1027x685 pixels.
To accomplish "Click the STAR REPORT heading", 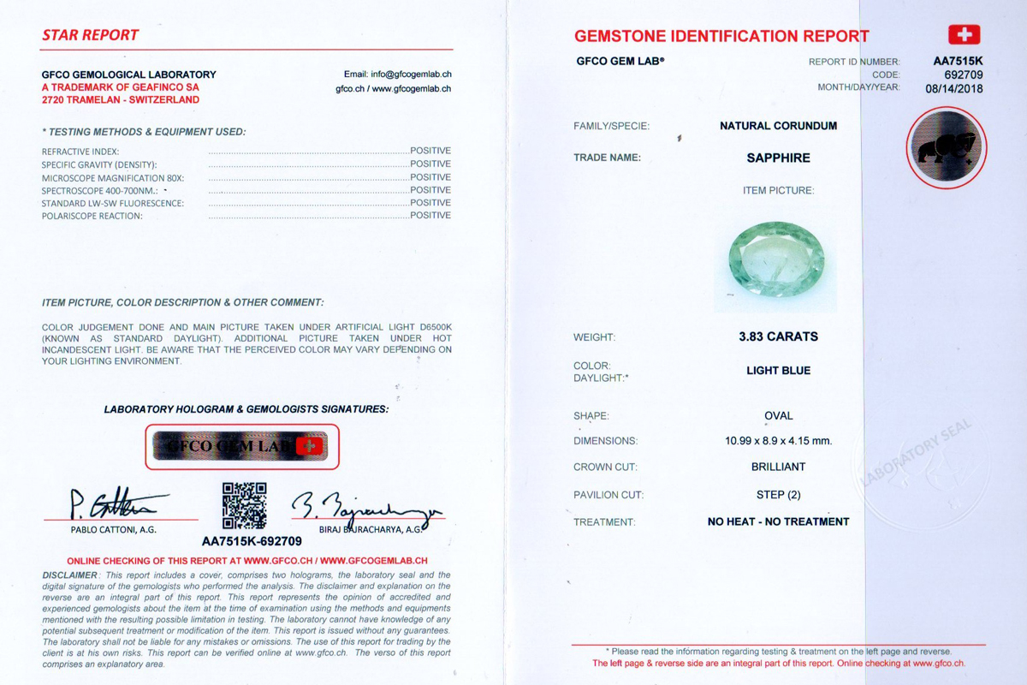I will (x=90, y=35).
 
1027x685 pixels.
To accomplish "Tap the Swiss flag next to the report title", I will (x=964, y=34).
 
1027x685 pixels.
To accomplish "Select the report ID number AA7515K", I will (x=958, y=62).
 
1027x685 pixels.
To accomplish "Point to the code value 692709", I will (x=963, y=74).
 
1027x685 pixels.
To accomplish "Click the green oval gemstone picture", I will (x=776, y=259).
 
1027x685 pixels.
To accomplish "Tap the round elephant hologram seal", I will (x=946, y=148).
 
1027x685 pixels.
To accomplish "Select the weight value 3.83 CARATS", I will (x=778, y=337).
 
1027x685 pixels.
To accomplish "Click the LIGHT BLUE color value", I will (x=778, y=371).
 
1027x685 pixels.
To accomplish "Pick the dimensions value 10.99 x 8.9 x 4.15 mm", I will (x=778, y=441).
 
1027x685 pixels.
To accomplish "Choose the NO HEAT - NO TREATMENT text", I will (x=778, y=521).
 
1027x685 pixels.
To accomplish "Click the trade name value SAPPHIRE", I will (x=778, y=158).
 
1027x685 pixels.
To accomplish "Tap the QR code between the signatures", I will (x=245, y=505).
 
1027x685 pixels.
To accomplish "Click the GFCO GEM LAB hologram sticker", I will (x=241, y=446).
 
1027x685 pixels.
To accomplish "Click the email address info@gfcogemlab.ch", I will (x=410, y=74).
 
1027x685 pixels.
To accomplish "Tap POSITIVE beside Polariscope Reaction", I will (x=430, y=216).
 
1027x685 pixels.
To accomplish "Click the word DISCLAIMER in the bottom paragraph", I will (x=69, y=575).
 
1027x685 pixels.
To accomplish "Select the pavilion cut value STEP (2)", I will (x=778, y=494).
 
